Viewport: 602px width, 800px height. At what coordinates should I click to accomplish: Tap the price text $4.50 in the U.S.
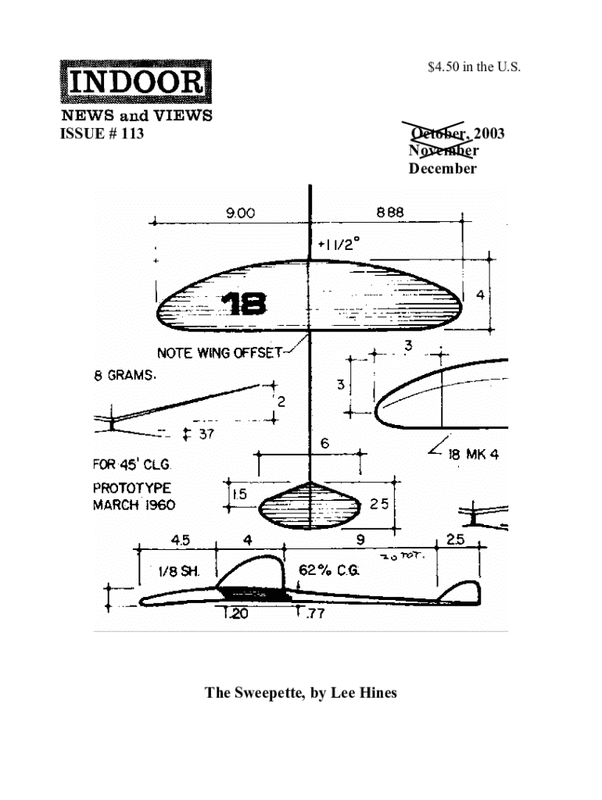pos(473,67)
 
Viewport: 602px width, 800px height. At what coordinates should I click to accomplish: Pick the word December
pos(442,169)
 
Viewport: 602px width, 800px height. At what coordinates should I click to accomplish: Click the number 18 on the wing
pos(243,304)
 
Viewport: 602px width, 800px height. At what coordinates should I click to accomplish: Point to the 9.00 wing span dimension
pos(240,212)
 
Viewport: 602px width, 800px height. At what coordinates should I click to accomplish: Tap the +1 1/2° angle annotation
pos(339,245)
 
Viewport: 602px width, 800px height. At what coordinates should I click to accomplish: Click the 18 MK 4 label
pos(472,455)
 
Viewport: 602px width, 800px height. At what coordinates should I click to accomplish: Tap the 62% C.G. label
pos(328,570)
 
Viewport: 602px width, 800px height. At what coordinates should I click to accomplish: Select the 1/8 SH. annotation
pos(179,571)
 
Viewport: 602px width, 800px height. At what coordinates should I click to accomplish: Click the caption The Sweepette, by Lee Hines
pos(301,693)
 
